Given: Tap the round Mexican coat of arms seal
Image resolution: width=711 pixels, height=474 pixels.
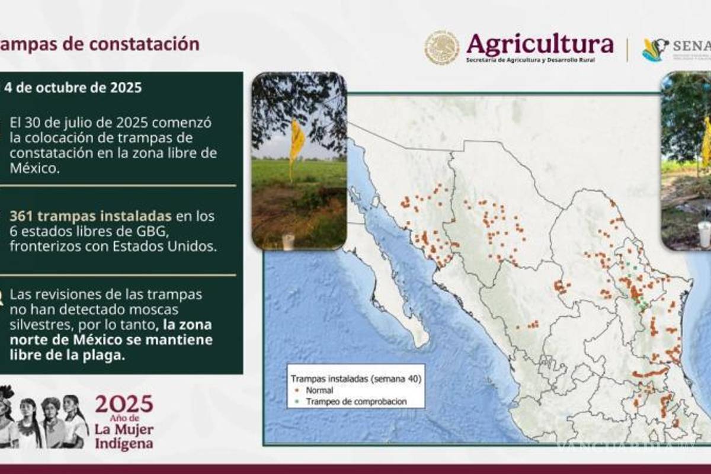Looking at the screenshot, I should [441, 47].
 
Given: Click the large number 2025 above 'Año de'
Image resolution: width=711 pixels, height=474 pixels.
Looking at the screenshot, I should [124, 404].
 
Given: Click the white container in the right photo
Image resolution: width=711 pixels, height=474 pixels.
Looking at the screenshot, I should [704, 234].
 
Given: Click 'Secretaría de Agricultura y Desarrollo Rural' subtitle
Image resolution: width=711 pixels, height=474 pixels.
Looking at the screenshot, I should [530, 60].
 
